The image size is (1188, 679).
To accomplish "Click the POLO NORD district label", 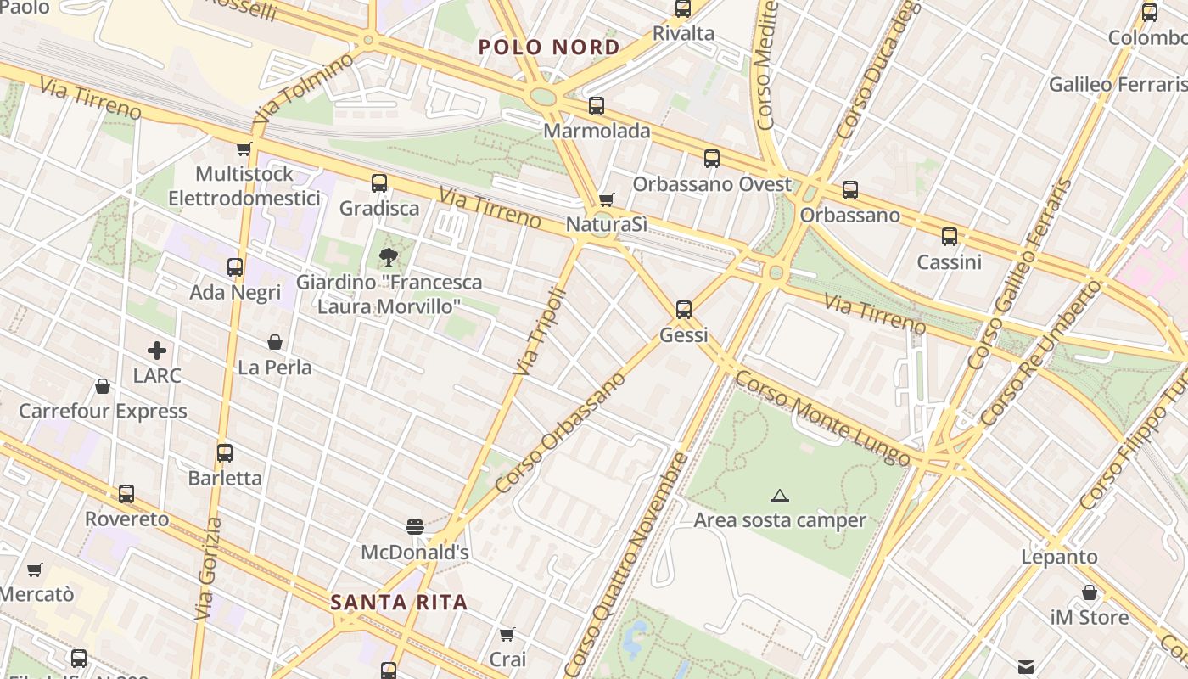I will [549, 47].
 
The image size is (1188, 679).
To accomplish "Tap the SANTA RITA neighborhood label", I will [399, 603].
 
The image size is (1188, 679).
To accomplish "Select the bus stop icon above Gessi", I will [684, 310].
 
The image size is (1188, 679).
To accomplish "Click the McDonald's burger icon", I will [415, 527].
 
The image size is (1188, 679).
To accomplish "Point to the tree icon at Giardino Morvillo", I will [389, 256].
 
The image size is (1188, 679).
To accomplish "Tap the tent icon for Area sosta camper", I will [780, 496].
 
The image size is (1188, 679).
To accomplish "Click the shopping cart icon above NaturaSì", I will [606, 199].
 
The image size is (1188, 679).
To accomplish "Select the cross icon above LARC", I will [157, 350].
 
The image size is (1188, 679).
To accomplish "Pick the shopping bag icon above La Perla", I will [275, 342].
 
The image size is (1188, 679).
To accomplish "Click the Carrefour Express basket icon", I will [103, 386].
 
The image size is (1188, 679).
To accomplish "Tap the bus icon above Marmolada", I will [597, 106].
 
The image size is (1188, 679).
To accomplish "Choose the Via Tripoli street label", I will [540, 331].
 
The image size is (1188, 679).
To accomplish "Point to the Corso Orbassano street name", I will [560, 433].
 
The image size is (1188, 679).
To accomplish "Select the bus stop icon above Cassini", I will [950, 237].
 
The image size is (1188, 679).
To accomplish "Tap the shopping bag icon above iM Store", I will [1090, 592].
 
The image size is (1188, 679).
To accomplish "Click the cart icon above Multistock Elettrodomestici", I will [244, 149].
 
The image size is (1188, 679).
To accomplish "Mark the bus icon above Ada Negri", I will [235, 267].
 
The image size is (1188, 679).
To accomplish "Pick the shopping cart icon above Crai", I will [507, 634].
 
